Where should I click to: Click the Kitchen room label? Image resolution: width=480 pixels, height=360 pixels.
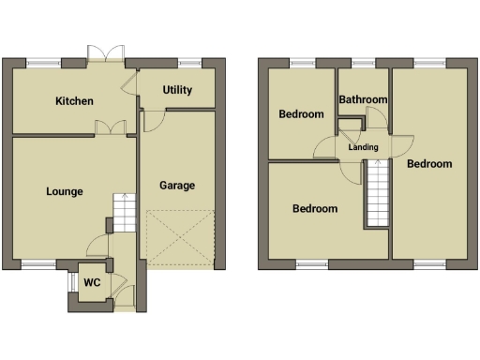74,101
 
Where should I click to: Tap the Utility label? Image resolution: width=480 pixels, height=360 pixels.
177,90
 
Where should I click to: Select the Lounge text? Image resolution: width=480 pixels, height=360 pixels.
65,191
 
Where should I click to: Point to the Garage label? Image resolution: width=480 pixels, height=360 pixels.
177,186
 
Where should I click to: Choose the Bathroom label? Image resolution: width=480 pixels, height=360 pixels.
363,99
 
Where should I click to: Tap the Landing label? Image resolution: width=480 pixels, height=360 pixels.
363,147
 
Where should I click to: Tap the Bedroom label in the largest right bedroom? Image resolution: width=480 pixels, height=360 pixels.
428,163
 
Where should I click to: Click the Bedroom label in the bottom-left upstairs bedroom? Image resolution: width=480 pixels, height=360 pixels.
314,208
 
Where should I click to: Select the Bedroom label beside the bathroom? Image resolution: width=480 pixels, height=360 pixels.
302,114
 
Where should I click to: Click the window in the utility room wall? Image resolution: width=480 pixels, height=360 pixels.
190,63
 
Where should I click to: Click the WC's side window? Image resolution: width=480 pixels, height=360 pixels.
68,283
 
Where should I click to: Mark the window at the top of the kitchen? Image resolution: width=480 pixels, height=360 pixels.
42,63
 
